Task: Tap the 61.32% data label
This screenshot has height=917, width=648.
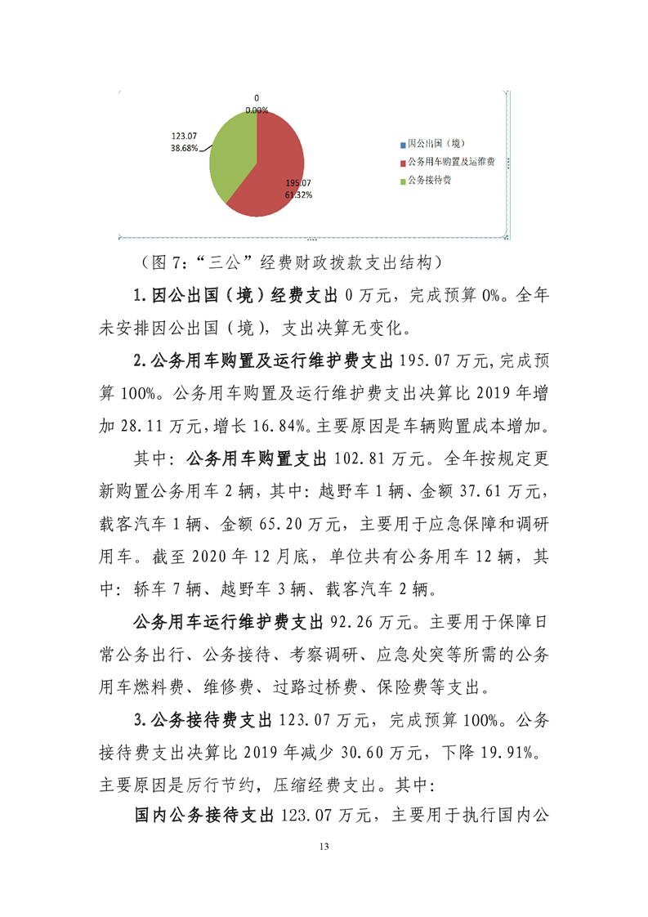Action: pos(298,195)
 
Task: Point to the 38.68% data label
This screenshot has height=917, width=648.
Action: pos(184,148)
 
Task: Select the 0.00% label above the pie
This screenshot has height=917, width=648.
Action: pos(257,110)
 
